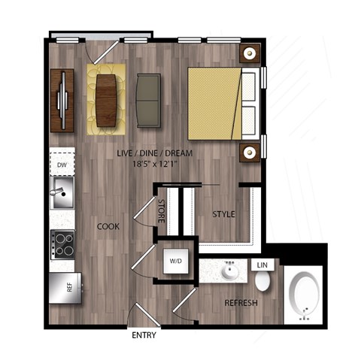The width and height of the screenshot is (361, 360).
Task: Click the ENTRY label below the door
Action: (144, 335)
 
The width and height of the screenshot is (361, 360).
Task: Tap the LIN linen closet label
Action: (262, 266)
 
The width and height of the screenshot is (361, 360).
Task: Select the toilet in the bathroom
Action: (262, 282)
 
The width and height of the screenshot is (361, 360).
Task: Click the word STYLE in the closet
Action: (223, 214)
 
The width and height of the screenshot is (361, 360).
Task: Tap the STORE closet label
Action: (162, 210)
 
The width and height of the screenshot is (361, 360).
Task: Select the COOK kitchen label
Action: (109, 225)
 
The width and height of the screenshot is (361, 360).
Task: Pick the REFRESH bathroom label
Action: (241, 304)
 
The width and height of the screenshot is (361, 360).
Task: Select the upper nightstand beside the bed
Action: (250, 53)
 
